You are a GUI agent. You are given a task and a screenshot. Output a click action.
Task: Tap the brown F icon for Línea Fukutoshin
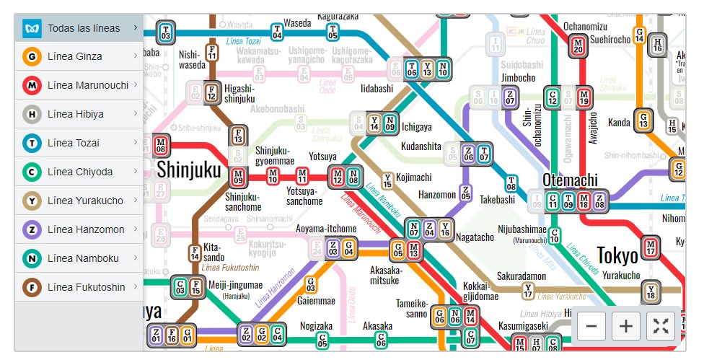click(x=32, y=287)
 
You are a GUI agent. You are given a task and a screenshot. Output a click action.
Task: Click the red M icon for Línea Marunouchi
click(x=32, y=85)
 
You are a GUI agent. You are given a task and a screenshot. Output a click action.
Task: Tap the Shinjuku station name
click(x=188, y=170)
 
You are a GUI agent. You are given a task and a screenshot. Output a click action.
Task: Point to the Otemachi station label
click(x=570, y=180)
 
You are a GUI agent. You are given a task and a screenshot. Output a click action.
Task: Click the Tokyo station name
click(x=617, y=255)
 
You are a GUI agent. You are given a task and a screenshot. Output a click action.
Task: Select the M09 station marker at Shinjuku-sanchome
click(x=238, y=176)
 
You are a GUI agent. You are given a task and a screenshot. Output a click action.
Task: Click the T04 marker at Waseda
click(x=277, y=32)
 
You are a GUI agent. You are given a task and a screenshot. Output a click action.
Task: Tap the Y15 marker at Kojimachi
click(x=388, y=180)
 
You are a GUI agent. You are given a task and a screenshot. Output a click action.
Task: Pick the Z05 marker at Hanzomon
click(x=465, y=193)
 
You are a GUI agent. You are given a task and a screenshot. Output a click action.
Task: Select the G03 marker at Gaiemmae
click(x=312, y=284)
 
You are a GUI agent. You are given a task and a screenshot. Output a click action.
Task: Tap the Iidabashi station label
click(x=377, y=88)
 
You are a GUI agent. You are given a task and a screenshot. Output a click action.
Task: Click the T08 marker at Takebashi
click(x=511, y=183)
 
